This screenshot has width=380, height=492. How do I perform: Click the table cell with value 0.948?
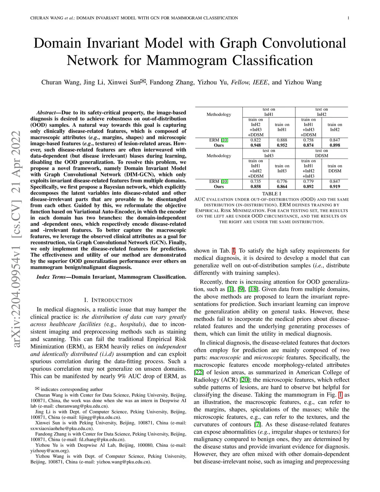click(255, 145)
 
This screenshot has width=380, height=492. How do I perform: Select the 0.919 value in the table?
click(335, 186)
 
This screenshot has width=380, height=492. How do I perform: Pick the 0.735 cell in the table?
click(255, 182)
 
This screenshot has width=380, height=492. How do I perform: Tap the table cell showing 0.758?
click(308, 140)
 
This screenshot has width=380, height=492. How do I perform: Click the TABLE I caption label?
click(272, 194)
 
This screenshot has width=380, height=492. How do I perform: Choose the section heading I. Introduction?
click(108, 300)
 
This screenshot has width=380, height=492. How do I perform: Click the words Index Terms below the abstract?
click(51, 277)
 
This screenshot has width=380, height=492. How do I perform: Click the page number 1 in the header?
click(348, 18)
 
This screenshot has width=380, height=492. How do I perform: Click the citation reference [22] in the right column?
click(199, 372)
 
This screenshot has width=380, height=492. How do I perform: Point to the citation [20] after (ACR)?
click(245, 380)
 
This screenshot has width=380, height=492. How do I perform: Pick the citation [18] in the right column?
click(253, 289)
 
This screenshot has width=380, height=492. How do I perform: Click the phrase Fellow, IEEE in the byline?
click(249, 82)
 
